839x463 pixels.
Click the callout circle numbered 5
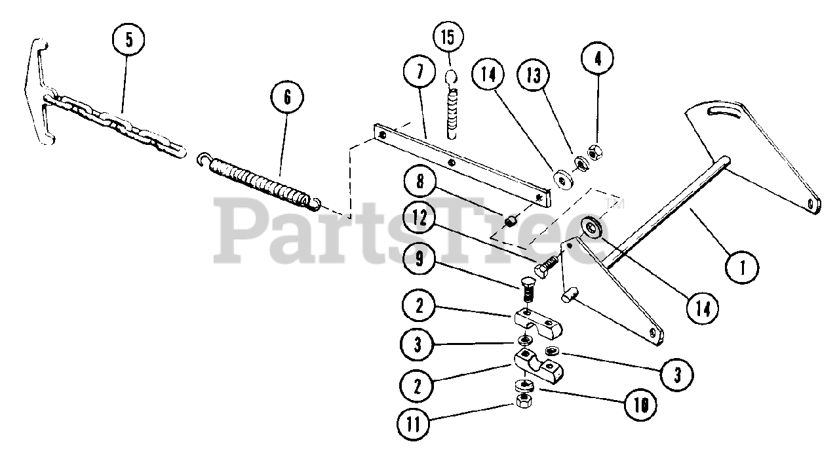click(x=128, y=39)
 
